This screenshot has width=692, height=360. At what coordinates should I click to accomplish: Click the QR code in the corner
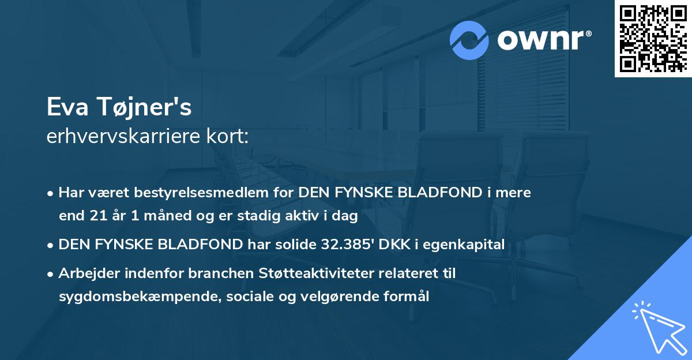653,38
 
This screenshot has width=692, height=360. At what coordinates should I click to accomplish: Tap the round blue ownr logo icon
470,40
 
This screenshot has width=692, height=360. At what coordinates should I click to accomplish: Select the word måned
152,217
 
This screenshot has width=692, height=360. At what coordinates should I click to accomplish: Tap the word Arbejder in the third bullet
85,273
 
